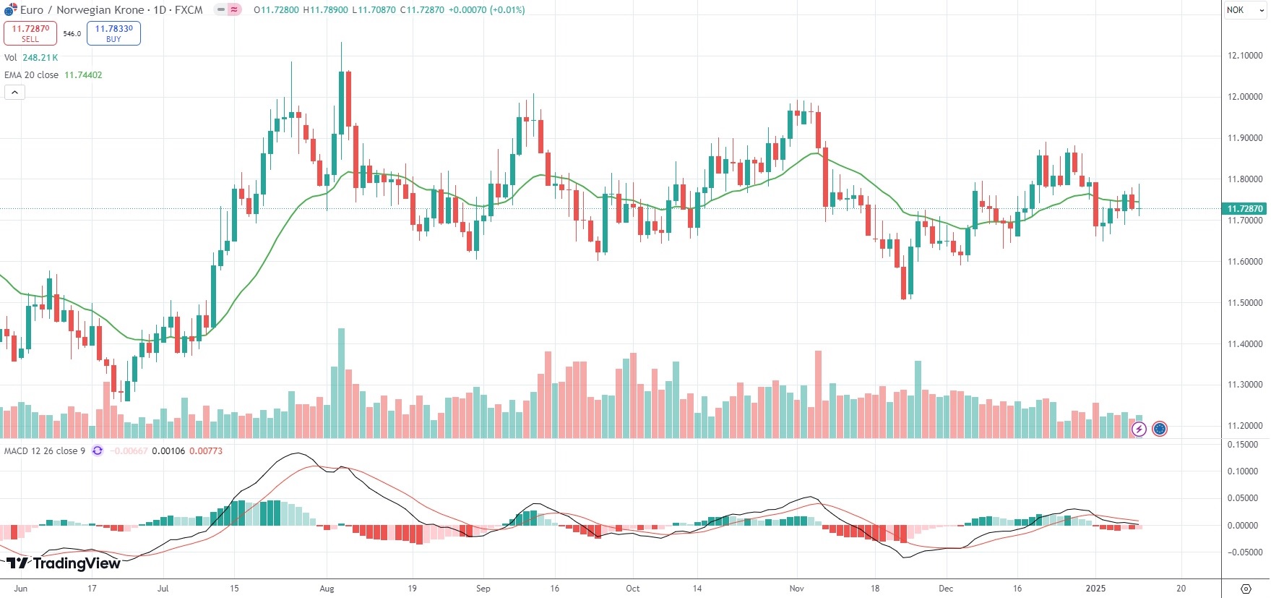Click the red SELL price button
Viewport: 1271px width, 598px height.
[x=30, y=33]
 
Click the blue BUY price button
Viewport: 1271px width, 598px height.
[x=113, y=33]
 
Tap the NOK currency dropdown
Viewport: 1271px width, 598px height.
[x=1244, y=10]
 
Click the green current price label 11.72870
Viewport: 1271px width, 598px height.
[x=1244, y=209]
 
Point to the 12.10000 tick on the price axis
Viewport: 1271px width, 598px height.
[x=1245, y=56]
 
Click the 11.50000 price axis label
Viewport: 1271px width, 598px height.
[x=1245, y=303]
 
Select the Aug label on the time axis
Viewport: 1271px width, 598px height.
[x=327, y=589]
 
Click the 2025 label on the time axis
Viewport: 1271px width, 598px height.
[x=1095, y=589]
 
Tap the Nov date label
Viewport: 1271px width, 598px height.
[x=796, y=589]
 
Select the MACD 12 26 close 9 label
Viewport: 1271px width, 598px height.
[x=45, y=451]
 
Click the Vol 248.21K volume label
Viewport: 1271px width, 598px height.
[x=31, y=58]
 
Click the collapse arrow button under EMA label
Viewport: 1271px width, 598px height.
[x=14, y=93]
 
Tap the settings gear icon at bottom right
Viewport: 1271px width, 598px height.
[x=1246, y=589]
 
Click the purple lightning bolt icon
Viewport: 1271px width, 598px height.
[x=1139, y=430]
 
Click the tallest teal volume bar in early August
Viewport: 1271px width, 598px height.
[x=341, y=383]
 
